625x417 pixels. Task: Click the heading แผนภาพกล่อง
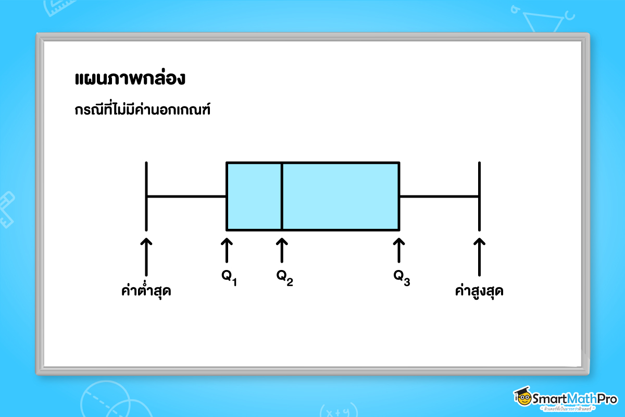[130, 79]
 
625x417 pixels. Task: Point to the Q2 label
[284, 278]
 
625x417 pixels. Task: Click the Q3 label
[402, 278]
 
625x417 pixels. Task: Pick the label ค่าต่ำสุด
[146, 291]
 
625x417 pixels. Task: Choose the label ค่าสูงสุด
[479, 291]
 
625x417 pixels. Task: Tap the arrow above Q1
[227, 250]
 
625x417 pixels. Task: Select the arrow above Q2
[282, 250]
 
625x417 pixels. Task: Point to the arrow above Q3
[399, 250]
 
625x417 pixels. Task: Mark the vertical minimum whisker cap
[146, 196]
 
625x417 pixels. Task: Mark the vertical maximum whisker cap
[479, 196]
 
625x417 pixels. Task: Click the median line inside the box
[282, 196]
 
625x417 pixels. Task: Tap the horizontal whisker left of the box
[186, 197]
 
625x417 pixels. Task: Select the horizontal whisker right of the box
[439, 197]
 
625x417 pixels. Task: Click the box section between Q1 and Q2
[254, 196]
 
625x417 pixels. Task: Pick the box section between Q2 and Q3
[341, 196]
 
